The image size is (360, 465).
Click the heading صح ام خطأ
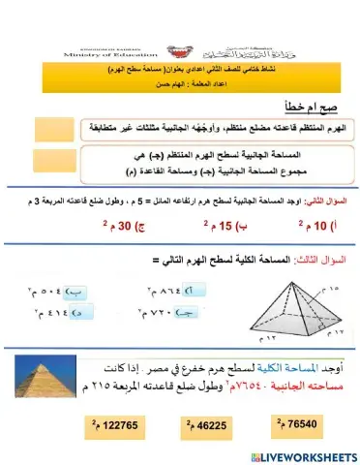click(310, 108)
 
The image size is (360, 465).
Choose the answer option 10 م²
click(317, 229)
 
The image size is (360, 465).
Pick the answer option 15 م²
click(222, 229)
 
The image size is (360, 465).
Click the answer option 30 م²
click(121, 229)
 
